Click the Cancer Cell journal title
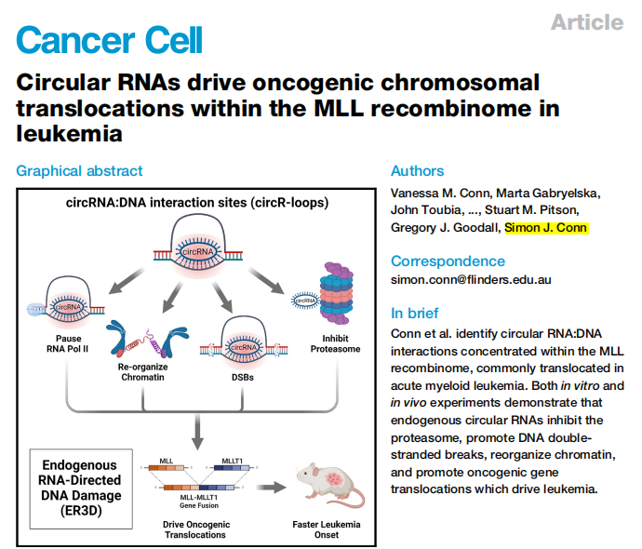coord(109,39)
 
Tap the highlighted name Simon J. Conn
coord(547,227)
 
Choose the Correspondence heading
coord(448,261)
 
